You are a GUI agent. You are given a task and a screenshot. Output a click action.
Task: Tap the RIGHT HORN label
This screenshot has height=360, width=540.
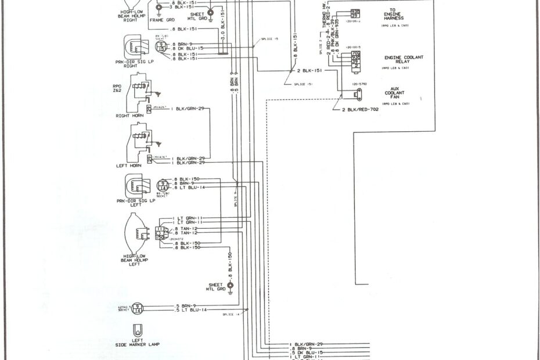[x=130, y=116]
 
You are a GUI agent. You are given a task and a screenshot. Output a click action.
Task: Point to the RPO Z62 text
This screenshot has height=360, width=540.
[x=117, y=88]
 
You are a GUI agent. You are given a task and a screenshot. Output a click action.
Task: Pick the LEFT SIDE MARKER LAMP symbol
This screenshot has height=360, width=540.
[x=138, y=329]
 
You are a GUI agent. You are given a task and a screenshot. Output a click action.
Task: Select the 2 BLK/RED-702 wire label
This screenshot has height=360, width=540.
[x=360, y=109]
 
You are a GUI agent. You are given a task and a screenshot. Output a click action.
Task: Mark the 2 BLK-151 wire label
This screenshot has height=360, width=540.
[x=309, y=70]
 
